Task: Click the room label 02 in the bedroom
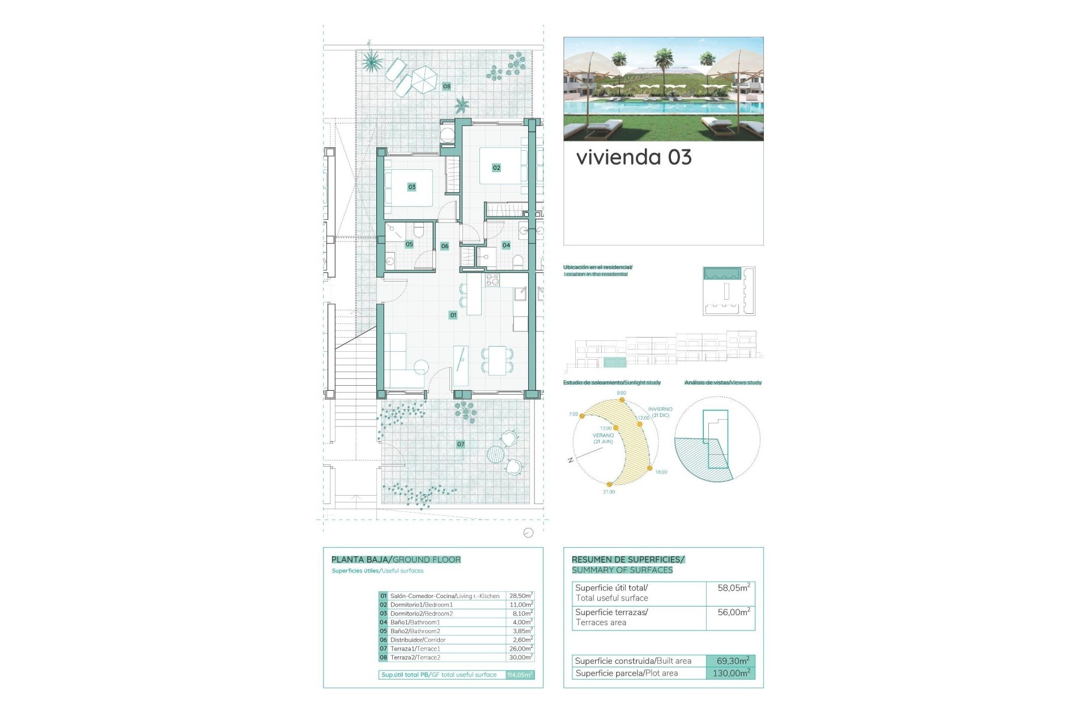(x=496, y=168)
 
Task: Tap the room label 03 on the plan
(x=412, y=187)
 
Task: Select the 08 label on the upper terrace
(x=447, y=87)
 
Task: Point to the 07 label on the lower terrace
(x=461, y=445)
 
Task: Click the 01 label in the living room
(x=453, y=315)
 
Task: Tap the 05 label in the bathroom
(x=409, y=245)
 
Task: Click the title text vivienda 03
(x=634, y=157)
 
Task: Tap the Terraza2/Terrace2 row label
(x=415, y=658)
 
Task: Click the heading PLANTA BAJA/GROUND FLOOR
(x=396, y=560)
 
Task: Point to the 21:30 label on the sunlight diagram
(x=609, y=492)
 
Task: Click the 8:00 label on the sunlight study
(x=622, y=393)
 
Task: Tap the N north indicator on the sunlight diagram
(x=571, y=460)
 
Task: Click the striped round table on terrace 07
(x=495, y=454)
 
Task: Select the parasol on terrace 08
(x=423, y=79)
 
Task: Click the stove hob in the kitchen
(x=492, y=280)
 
